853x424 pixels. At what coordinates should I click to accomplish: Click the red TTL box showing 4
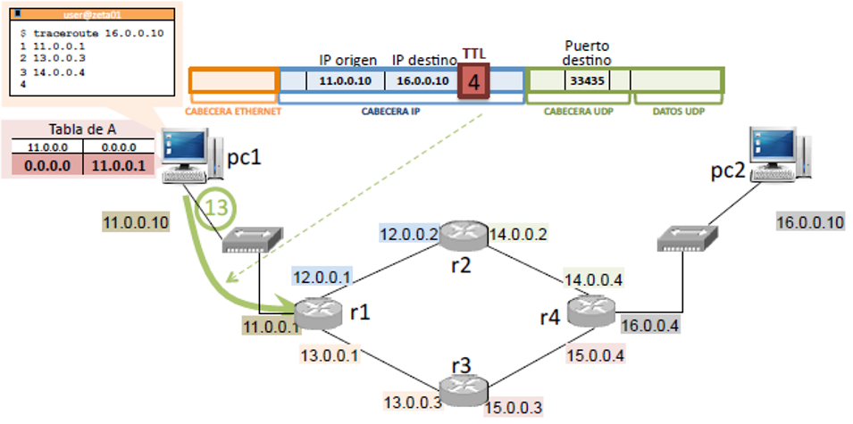(474, 81)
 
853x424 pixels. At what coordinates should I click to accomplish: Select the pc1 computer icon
(188, 154)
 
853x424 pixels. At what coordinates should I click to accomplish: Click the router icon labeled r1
(319, 311)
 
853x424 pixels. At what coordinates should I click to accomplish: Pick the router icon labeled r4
(590, 309)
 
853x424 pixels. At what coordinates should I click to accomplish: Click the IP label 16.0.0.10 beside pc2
(810, 221)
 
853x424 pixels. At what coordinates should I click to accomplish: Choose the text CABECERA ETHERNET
(233, 112)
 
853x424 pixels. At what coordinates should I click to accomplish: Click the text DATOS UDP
(678, 112)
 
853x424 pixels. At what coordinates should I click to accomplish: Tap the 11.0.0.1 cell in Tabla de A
(118, 164)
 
